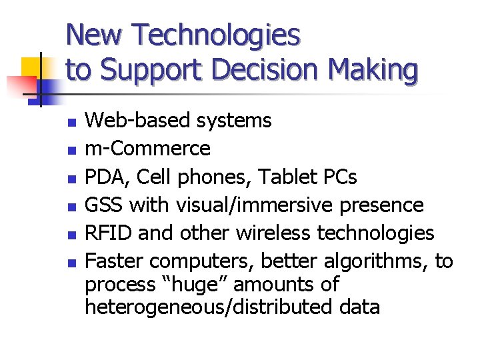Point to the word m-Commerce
click(148, 148)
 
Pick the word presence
click(381, 205)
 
